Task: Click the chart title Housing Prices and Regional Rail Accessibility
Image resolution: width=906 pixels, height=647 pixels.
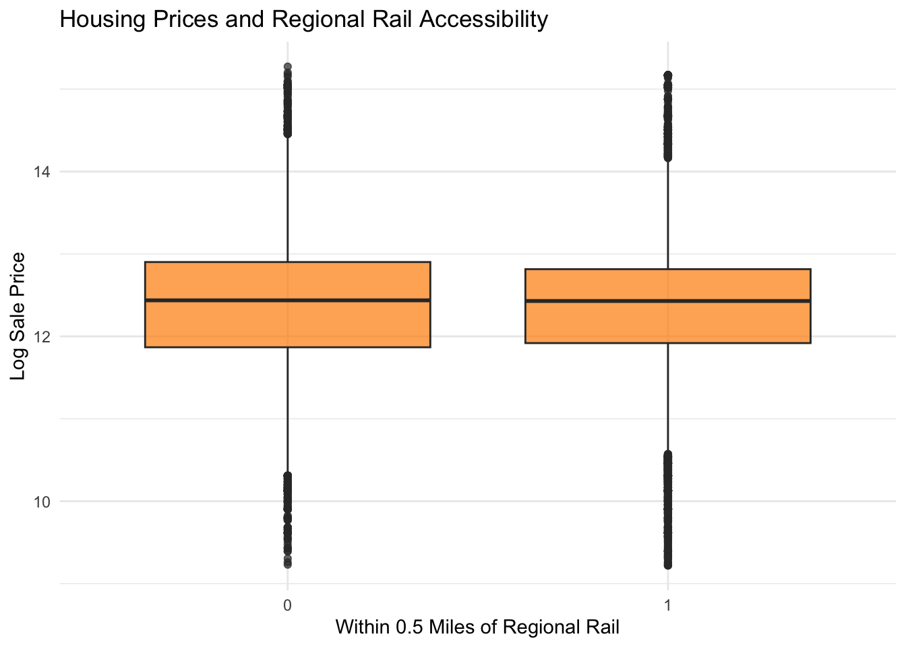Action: pos(303,20)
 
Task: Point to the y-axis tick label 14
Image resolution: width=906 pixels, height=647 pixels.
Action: pos(42,172)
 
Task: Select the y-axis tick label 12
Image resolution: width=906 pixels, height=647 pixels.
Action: pos(42,336)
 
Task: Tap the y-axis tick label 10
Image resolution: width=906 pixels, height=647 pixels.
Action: pos(42,501)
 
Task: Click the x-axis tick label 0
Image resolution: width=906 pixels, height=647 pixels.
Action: pos(288,605)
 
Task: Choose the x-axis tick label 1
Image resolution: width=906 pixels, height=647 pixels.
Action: pos(667,605)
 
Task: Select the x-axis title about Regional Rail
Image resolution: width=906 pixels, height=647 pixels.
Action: pos(477,627)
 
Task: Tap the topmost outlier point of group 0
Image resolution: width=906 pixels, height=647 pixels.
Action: pos(288,67)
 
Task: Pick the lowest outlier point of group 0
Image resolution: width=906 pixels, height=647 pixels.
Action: pos(288,564)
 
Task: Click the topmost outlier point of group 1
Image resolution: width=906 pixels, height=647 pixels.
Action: pos(667,75)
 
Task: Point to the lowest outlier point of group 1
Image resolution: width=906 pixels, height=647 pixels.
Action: pos(667,565)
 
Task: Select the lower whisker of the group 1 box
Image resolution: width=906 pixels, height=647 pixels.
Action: pos(667,398)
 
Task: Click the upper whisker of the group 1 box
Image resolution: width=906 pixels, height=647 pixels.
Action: pos(667,216)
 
